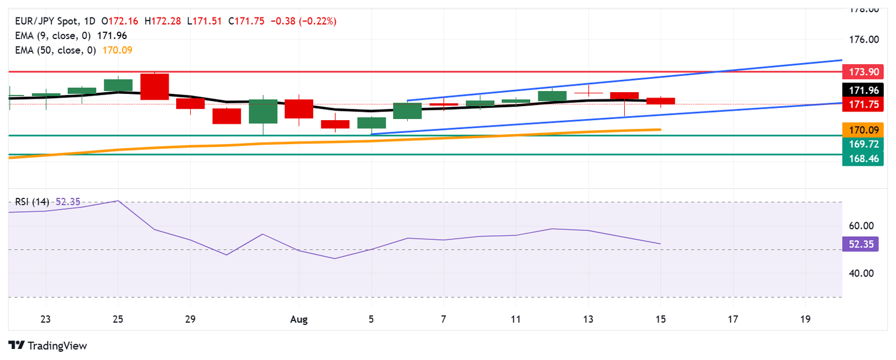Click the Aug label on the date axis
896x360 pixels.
point(299,319)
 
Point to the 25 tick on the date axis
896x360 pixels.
point(118,319)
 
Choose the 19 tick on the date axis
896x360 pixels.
point(805,319)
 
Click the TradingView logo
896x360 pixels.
point(48,345)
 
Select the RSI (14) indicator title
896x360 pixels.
point(32,202)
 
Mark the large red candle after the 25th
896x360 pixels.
point(155,86)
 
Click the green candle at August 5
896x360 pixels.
point(372,123)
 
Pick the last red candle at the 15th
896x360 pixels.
point(660,101)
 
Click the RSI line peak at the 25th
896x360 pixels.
point(118,201)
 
